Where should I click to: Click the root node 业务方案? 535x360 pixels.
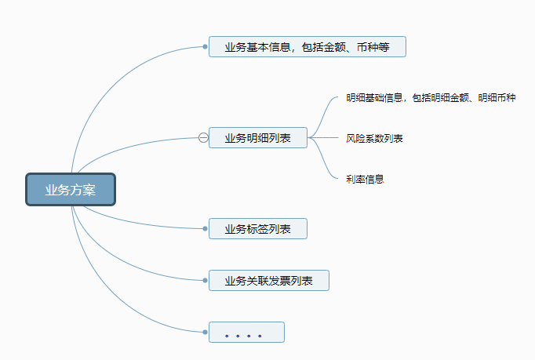70,190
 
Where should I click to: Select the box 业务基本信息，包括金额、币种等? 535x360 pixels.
307,47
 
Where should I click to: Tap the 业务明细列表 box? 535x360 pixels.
257,138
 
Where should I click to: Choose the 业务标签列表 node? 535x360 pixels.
257,229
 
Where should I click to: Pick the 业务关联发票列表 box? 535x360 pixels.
268,281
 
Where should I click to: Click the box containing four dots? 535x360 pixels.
246,333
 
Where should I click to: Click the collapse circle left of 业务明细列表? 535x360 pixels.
203,138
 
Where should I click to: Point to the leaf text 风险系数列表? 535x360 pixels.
374,138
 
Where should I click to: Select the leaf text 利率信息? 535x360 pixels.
365,179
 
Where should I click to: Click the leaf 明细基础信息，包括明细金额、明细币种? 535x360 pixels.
431,98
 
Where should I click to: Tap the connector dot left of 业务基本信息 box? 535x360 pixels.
205,47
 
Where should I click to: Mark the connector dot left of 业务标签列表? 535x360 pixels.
205,229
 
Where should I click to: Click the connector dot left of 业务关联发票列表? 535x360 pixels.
205,281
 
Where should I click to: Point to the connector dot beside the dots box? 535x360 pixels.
205,333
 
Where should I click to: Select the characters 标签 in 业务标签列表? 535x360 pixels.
257,229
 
